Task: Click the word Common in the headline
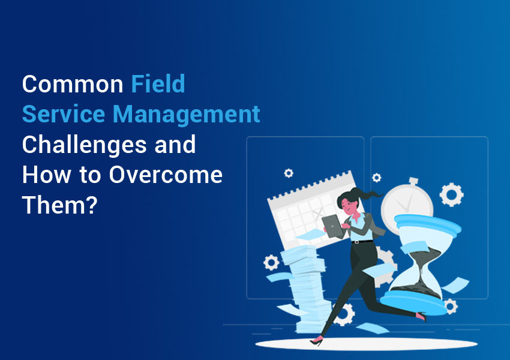click(73, 84)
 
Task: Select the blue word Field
click(158, 84)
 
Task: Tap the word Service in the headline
click(64, 114)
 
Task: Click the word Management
click(187, 115)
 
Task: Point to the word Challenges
click(84, 145)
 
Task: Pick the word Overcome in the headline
click(166, 175)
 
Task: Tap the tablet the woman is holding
click(332, 226)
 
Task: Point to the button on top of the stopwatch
click(414, 181)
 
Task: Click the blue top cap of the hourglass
click(428, 224)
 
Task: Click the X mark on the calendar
click(319, 214)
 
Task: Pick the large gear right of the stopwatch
click(451, 194)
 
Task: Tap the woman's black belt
click(362, 242)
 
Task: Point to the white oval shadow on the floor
click(366, 344)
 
